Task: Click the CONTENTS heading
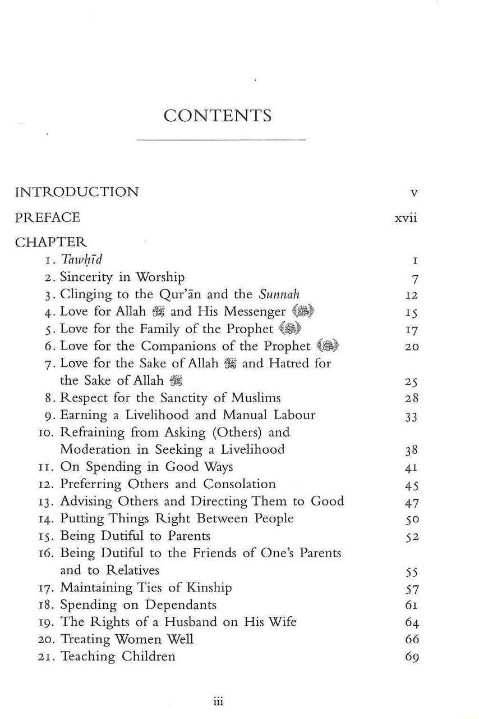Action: click(x=218, y=116)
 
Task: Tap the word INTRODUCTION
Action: click(x=76, y=192)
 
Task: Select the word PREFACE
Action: click(x=47, y=217)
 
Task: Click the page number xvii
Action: click(x=406, y=219)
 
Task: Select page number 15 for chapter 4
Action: click(x=411, y=312)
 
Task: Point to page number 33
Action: click(x=411, y=416)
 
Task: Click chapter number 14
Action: click(x=48, y=519)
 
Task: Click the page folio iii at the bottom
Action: click(x=219, y=702)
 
